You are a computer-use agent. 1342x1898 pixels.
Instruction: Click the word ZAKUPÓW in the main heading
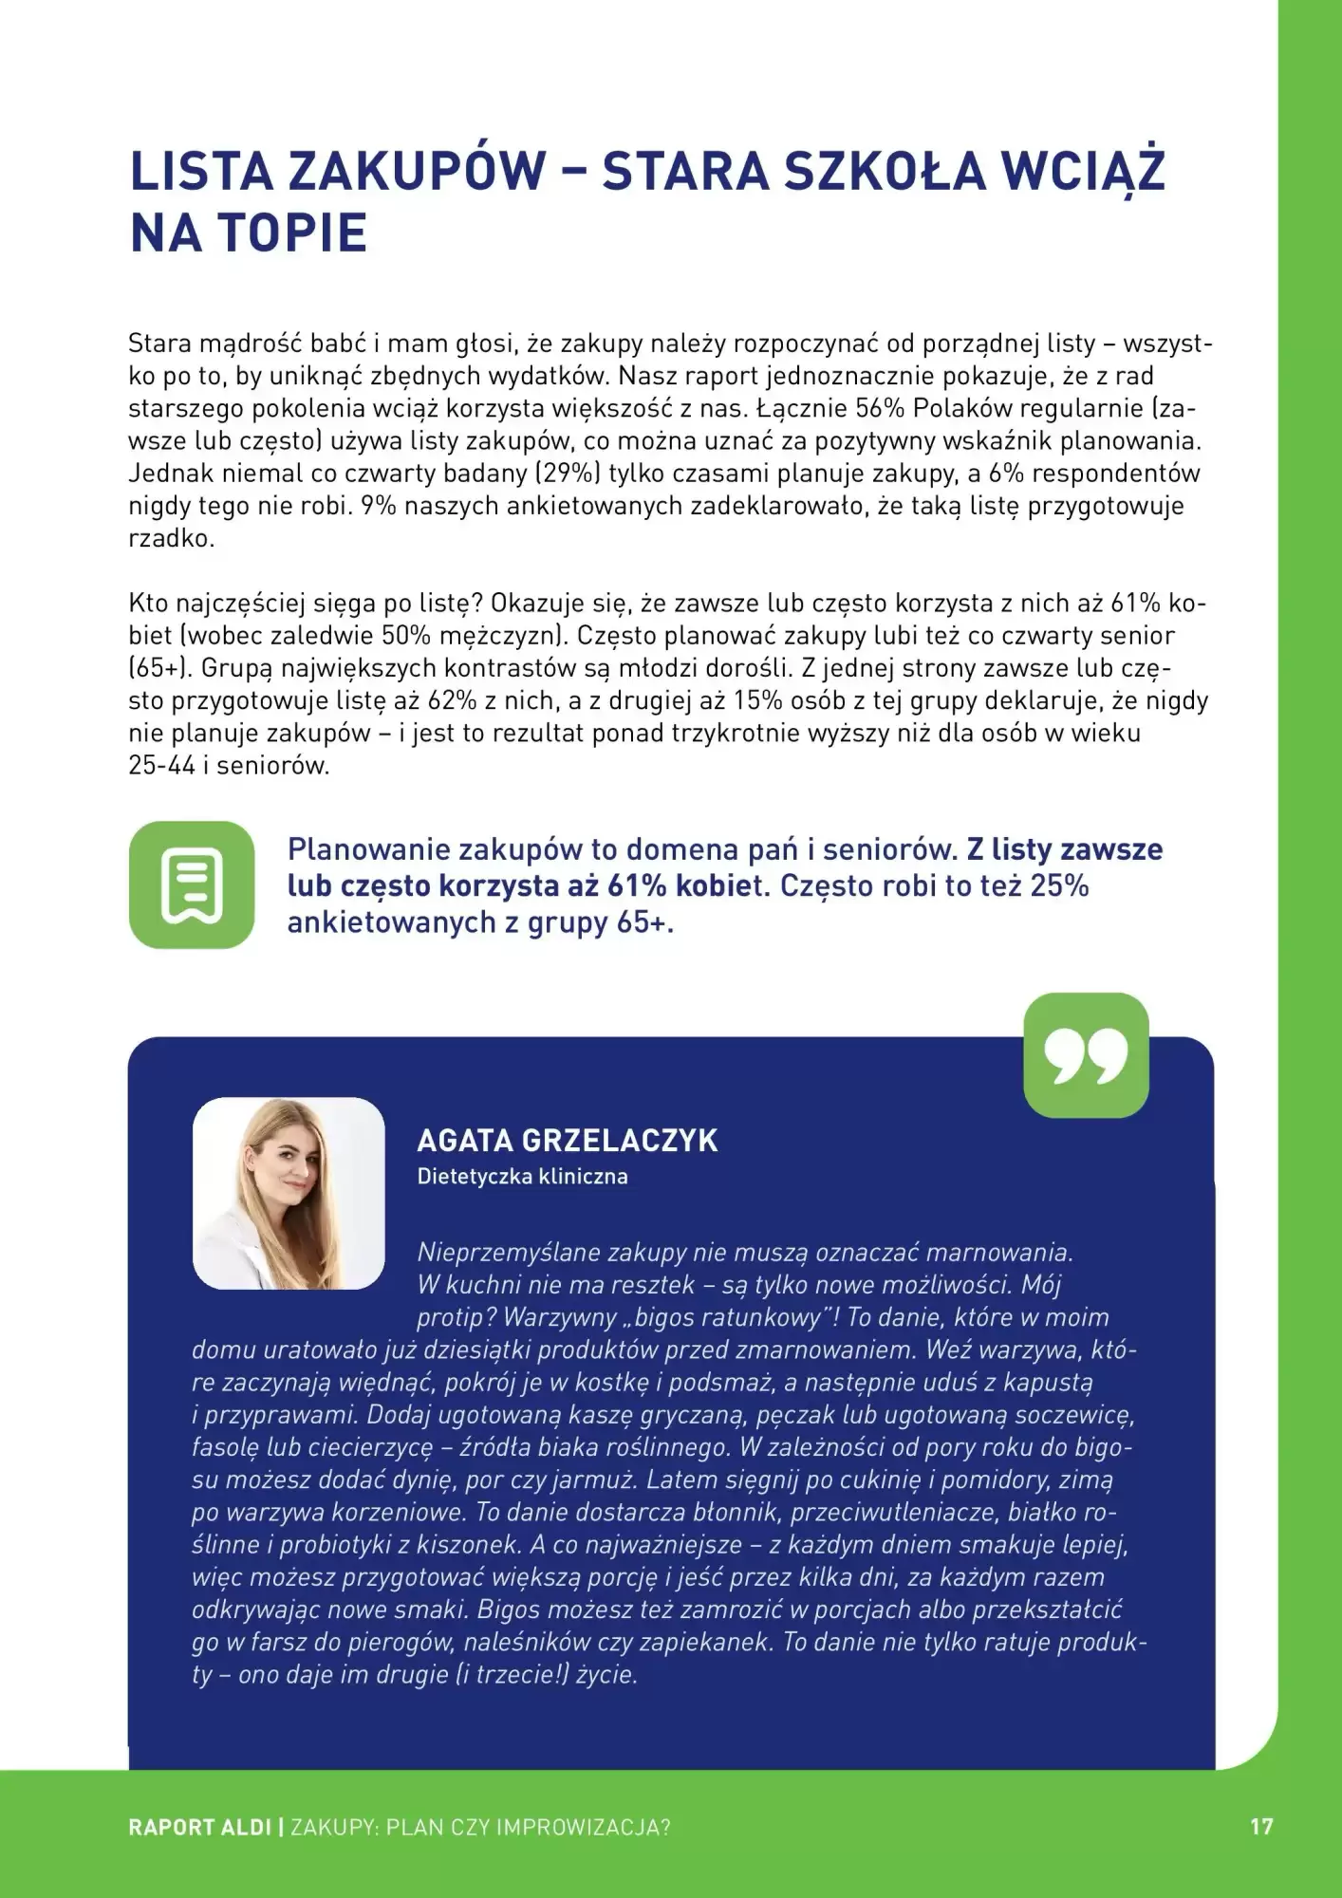pyautogui.click(x=417, y=171)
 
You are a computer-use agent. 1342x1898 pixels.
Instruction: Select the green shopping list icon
pyautogui.click(x=192, y=884)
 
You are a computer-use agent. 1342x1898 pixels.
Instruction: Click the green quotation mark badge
pyautogui.click(x=1086, y=1055)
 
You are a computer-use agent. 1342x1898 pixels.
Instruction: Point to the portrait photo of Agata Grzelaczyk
pyautogui.click(x=289, y=1193)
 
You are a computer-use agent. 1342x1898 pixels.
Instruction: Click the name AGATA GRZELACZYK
pyautogui.click(x=568, y=1140)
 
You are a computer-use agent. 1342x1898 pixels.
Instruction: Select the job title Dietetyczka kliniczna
pyautogui.click(x=522, y=1177)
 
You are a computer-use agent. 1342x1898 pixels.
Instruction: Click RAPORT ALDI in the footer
pyautogui.click(x=199, y=1827)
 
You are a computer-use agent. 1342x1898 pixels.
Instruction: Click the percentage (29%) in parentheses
pyautogui.click(x=568, y=473)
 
